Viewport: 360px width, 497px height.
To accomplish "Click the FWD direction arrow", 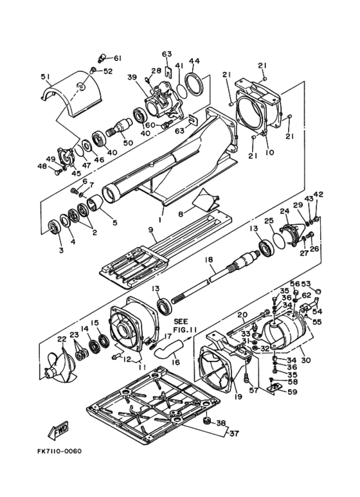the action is (x=59, y=431).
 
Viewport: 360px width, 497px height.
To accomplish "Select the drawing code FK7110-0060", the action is (x=59, y=451).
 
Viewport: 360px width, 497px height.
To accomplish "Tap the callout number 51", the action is (x=46, y=77).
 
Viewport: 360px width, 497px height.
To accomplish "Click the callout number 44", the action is (x=194, y=61).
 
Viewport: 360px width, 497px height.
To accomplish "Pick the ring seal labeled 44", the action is (x=195, y=84).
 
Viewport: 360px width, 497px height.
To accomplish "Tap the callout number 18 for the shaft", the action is (x=208, y=260).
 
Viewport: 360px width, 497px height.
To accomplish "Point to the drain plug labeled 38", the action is (x=206, y=421).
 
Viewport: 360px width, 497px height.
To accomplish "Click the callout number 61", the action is (x=118, y=58).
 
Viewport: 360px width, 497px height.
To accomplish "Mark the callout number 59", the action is (x=292, y=392).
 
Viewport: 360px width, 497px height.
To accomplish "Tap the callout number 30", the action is (x=306, y=360).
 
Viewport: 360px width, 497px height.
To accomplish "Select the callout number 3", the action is (x=61, y=250).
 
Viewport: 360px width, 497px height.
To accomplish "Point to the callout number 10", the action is (x=269, y=152).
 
